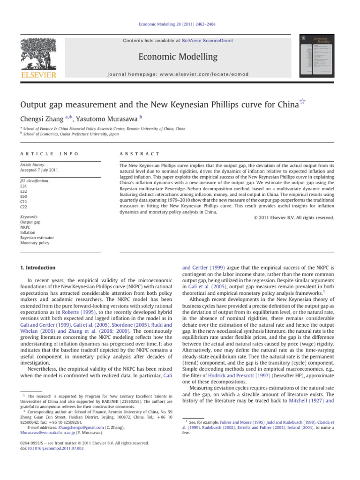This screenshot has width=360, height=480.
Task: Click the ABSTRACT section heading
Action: [140, 154]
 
